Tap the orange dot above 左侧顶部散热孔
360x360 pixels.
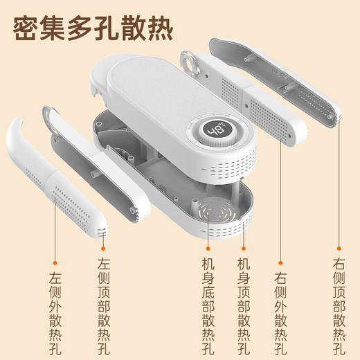[x=105, y=247]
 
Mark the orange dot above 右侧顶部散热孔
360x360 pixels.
[x=339, y=247]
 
